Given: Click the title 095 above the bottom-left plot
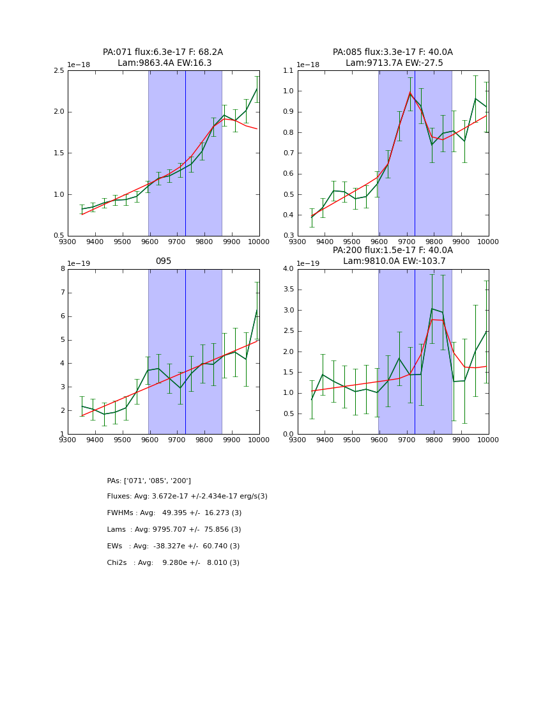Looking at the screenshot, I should coord(163,261).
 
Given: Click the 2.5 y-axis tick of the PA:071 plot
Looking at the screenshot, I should coord(57,70).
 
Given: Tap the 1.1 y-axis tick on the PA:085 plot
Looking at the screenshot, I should coord(287,70).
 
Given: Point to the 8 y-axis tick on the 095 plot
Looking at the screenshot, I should coord(62,269).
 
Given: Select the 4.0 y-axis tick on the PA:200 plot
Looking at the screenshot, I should coord(287,269).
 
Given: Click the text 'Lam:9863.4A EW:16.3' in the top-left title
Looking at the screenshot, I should coord(164,63).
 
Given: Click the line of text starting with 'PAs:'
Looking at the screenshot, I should coord(149,481).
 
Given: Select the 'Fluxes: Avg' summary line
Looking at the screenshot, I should coord(187,497).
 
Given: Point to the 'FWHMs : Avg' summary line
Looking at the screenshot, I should coord(174,513).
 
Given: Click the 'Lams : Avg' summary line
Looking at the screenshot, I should coord(174,530).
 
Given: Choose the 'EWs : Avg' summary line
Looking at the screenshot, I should coord(173,546).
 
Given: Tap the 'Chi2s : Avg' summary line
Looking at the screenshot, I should coord(173,563).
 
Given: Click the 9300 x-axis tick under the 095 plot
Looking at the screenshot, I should coord(68,440).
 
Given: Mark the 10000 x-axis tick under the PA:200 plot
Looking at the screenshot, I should coord(488,440).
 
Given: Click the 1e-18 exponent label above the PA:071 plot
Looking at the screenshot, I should coord(80,65).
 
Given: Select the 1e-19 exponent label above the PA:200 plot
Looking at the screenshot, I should coord(309,263).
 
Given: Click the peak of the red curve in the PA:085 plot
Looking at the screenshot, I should coord(410,93).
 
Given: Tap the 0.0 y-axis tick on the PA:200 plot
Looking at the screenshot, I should coord(287,435).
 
